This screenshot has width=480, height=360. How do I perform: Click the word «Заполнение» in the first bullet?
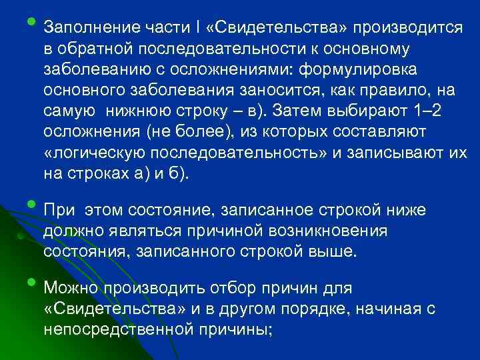click(87, 29)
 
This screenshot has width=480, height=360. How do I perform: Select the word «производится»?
click(408, 29)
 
